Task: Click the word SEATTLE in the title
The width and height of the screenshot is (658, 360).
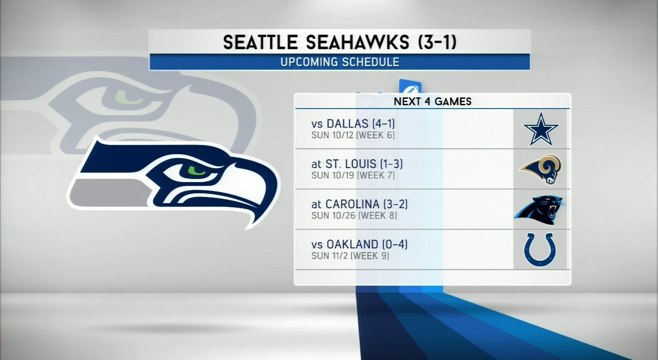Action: coord(261,42)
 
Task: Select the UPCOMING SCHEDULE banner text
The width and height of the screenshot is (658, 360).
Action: coord(340,62)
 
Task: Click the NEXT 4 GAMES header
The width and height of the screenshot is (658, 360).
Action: coord(432,102)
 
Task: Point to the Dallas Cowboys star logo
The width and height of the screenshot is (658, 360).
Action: coord(540,129)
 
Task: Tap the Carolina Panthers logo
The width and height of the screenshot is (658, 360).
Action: coord(540,210)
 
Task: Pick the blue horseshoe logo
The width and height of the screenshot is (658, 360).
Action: coord(540,250)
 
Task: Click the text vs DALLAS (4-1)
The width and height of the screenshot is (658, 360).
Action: coord(353,124)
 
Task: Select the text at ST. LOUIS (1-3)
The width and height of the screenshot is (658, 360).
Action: coord(357,164)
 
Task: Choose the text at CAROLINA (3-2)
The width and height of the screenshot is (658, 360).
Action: coord(359,204)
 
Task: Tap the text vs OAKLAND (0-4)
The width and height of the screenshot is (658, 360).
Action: coord(359,244)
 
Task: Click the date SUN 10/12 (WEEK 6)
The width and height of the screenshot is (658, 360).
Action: coord(353,135)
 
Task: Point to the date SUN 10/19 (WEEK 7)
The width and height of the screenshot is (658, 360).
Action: coord(353,175)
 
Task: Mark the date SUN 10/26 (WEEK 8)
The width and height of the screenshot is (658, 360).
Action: coord(354,215)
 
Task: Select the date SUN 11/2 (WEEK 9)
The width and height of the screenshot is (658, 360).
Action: coord(350,256)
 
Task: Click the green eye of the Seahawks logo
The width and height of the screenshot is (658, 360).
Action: coord(196,170)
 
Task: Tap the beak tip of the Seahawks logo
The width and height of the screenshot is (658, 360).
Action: coord(248,227)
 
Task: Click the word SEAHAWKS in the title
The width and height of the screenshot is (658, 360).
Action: coord(357,42)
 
